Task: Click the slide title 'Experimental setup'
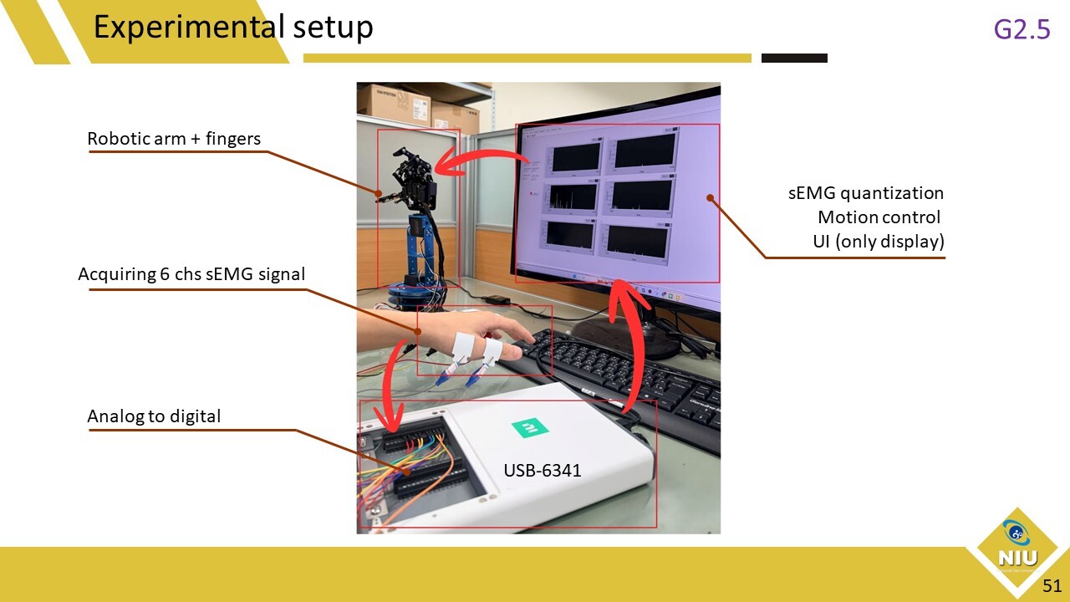233,28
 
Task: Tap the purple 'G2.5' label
1022,29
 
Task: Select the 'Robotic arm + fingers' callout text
174,139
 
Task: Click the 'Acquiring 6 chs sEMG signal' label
191,274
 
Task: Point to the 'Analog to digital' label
154,416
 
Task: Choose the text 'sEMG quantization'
866,193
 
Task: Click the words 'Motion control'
879,217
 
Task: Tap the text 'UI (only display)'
879,242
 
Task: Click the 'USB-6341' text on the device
542,471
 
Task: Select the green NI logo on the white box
530,427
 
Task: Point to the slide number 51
1052,586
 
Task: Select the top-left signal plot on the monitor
573,156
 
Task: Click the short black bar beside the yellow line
794,59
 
